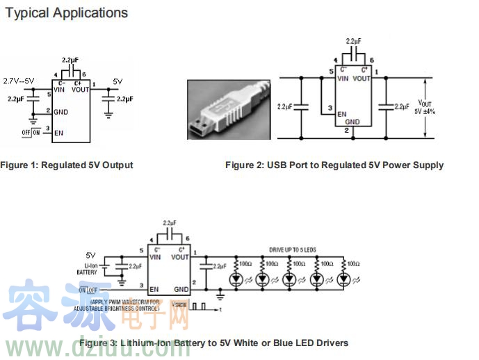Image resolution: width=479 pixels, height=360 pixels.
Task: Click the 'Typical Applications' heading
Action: pos(67,13)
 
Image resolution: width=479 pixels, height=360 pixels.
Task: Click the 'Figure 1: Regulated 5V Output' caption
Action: pos(67,165)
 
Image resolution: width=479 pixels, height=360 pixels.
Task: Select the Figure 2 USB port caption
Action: pos(334,165)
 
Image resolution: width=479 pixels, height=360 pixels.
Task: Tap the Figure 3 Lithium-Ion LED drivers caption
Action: pos(213,343)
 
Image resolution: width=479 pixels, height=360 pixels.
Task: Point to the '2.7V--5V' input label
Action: pos(19,81)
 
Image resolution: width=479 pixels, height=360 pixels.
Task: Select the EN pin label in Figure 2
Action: pos(342,114)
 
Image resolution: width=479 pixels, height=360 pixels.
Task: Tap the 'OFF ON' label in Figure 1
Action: pos(31,131)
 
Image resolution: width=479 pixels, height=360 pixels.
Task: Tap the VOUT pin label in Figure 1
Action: pos(79,89)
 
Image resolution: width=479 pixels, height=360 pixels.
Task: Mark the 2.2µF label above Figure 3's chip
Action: pos(169,223)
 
